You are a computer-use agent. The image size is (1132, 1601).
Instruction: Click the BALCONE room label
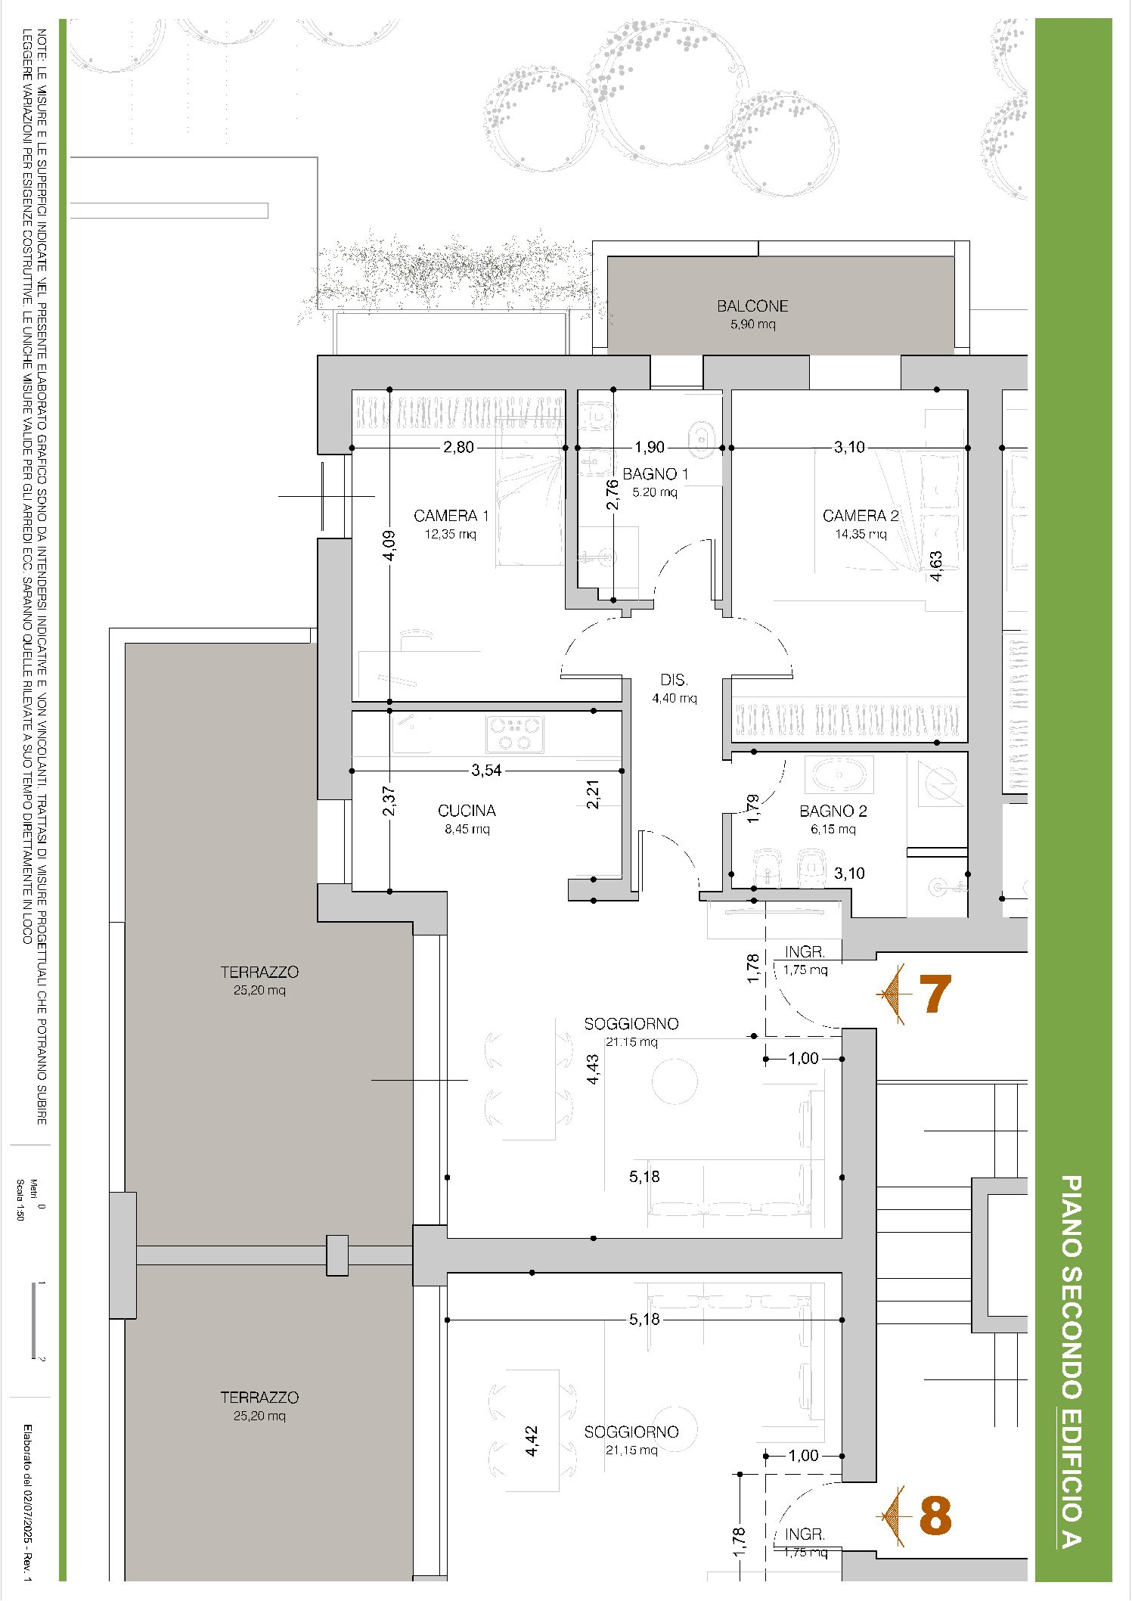tap(752, 306)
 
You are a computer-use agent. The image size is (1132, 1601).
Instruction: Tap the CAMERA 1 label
tap(451, 516)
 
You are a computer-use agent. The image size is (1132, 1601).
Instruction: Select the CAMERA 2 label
tap(861, 516)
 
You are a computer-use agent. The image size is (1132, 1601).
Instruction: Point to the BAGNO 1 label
tap(656, 474)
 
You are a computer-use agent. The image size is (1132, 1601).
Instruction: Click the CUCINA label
tap(467, 811)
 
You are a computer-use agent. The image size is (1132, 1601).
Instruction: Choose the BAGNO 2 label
tap(833, 811)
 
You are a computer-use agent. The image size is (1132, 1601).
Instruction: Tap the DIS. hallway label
tap(674, 680)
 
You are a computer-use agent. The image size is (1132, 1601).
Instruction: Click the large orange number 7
tap(935, 994)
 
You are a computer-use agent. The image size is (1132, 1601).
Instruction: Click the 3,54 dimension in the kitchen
tap(486, 770)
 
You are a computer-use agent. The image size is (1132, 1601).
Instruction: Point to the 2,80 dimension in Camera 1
tap(458, 447)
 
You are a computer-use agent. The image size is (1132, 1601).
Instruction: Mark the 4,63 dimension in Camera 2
tap(936, 566)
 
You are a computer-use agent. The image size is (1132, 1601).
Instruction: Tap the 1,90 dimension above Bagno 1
tap(650, 447)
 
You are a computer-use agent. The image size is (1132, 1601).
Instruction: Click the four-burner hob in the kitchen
tap(515, 734)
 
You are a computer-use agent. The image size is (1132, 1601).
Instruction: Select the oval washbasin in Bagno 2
tap(839, 775)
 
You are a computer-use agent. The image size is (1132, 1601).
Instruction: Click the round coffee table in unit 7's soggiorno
tap(675, 1081)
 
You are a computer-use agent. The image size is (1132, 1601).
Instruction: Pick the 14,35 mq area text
tap(861, 534)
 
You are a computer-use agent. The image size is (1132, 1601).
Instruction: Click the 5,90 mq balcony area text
tap(752, 324)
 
